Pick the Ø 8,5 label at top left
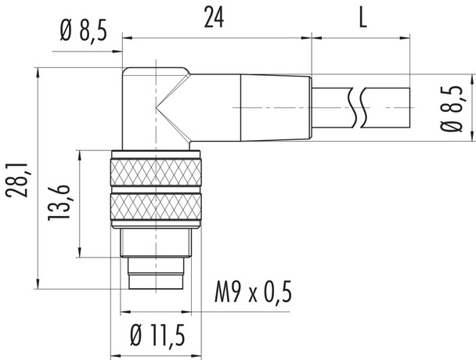81,32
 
